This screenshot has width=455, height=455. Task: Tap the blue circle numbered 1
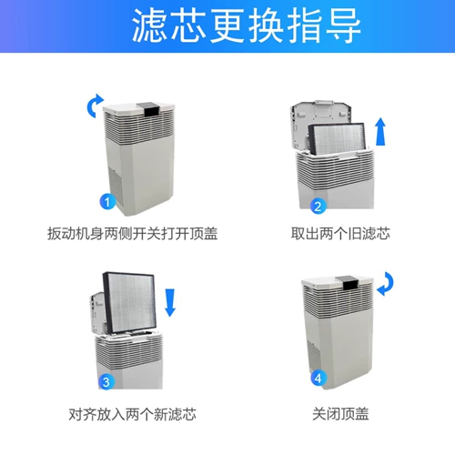pos(106,202)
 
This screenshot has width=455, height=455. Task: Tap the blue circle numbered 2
pos(318,207)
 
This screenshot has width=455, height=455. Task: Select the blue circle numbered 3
pos(106,380)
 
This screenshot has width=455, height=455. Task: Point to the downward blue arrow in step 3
pos(170,301)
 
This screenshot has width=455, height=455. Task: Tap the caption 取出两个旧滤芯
pos(339,235)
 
